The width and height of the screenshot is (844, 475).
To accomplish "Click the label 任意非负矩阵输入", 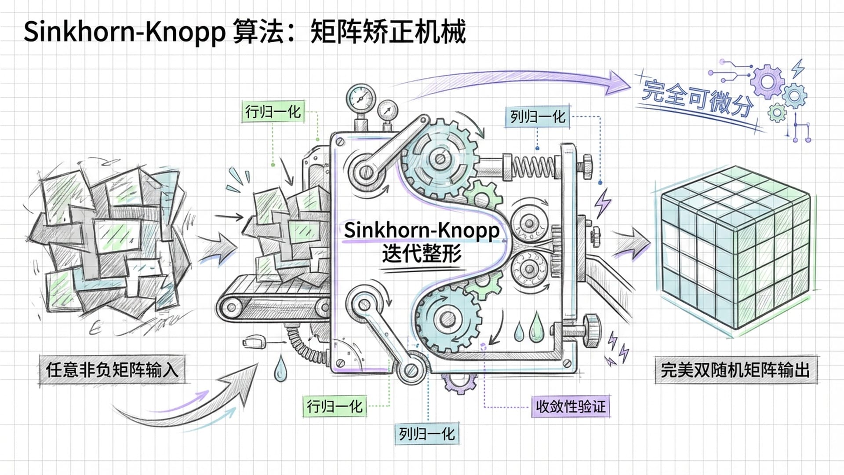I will [112, 369].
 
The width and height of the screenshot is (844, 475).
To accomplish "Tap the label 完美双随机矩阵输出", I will [735, 369].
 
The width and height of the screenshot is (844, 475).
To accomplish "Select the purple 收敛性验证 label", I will [570, 406].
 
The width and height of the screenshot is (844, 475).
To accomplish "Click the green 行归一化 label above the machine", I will [273, 112].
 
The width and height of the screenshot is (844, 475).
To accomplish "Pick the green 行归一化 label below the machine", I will [335, 406].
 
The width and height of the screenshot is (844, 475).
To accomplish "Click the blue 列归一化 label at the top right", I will [537, 117].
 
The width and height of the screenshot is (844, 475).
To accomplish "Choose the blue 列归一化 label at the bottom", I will [426, 434].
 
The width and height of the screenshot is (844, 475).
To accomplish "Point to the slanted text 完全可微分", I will [697, 99].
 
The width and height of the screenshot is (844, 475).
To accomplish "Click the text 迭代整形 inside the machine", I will [422, 254].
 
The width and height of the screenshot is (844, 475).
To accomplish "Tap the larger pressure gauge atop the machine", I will [361, 98].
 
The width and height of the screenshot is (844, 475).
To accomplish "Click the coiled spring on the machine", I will [534, 167].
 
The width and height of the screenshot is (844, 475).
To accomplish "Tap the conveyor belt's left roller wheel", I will [232, 307].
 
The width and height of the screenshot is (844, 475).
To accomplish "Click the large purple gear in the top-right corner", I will [767, 81].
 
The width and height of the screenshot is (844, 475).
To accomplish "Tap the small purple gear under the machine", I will [459, 383].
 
